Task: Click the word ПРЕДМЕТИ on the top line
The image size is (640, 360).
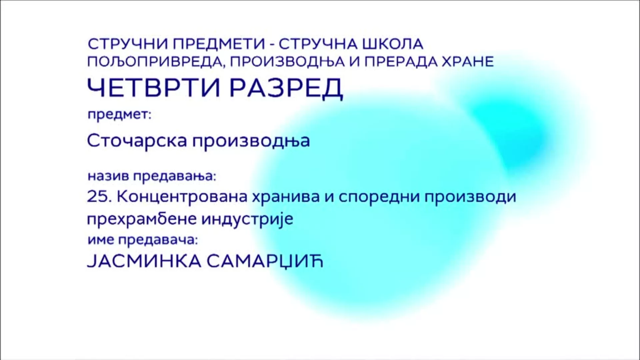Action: pyautogui.click(x=219, y=44)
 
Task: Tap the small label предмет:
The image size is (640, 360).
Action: pyautogui.click(x=119, y=115)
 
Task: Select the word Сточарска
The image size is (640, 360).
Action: pyautogui.click(x=137, y=141)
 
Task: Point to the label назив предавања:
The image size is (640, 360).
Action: pyautogui.click(x=152, y=176)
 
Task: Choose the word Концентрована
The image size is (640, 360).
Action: pyautogui.click(x=182, y=197)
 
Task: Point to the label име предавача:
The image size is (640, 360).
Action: pyautogui.click(x=143, y=240)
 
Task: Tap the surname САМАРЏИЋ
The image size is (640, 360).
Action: pyautogui.click(x=265, y=262)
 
